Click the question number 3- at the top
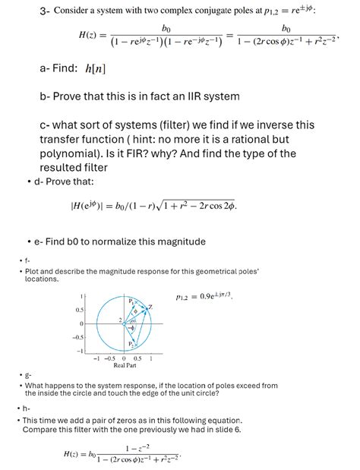(45, 11)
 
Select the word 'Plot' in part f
(33, 271)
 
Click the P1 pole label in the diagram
(131, 301)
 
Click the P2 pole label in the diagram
(131, 343)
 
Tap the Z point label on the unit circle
(150, 307)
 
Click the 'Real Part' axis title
(125, 365)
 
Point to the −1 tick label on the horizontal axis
(96, 358)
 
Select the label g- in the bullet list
(28, 375)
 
